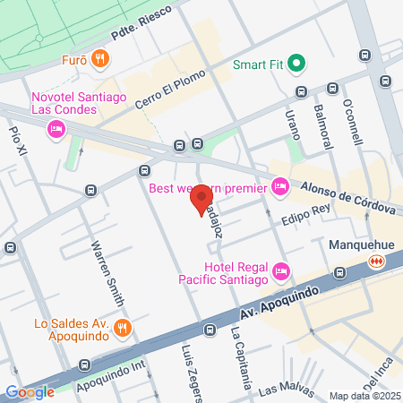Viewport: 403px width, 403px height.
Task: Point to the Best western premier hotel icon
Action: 280,185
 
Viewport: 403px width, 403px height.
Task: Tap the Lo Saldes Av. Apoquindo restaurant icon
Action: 122,328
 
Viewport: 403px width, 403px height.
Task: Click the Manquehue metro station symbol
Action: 377,260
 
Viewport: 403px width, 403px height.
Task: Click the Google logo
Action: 30,391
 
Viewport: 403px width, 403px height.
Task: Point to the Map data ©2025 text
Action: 364,396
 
